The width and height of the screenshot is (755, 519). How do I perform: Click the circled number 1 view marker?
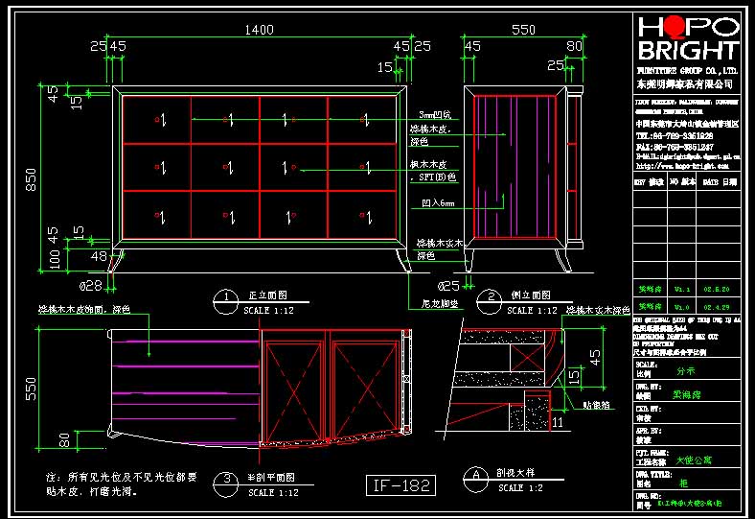(225, 297)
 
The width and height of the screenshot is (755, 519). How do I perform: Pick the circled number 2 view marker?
(490, 297)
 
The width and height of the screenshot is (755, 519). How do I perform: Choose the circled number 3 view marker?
(225, 478)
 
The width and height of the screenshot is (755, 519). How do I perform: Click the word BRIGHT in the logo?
(688, 51)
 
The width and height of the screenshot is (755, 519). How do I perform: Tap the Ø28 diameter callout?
(90, 286)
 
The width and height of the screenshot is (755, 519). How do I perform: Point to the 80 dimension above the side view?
(574, 45)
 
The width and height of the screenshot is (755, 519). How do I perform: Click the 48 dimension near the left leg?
(99, 256)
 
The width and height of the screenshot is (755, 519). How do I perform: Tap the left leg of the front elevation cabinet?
(119, 260)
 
